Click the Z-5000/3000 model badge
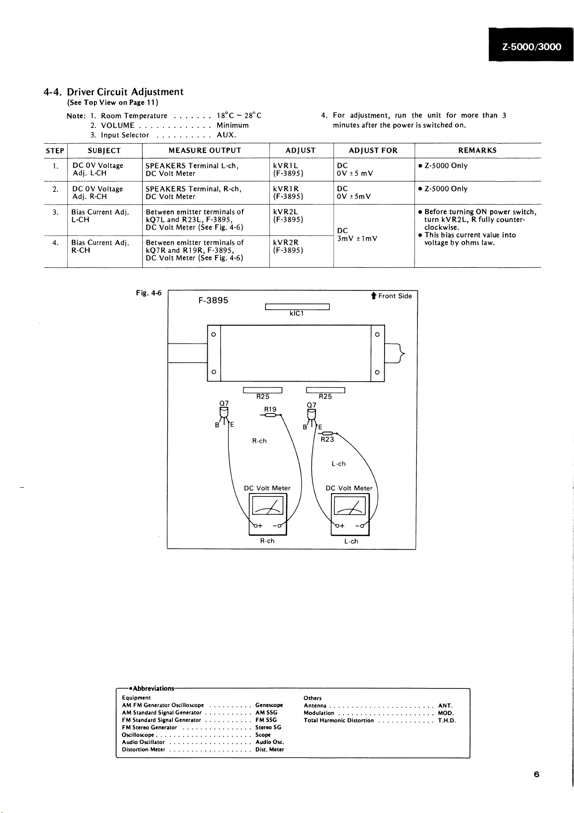pos(531,46)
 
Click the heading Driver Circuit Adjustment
pos(125,92)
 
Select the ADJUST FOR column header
pos(373,151)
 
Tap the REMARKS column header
pos(477,151)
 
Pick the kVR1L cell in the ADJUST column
pos(285,165)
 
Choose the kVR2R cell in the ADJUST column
pos(286,243)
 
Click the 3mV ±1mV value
pos(357,238)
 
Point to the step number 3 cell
pos(55,212)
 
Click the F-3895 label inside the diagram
pos(213,300)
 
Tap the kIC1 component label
pos(296,314)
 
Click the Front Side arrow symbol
pos(374,296)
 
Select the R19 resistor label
pos(270,409)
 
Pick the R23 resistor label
pos(327,439)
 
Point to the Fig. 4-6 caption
pos(148,293)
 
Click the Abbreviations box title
pos(153,689)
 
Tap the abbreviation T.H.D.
pos(447,720)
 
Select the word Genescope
pos(269,705)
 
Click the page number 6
pos(536,774)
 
